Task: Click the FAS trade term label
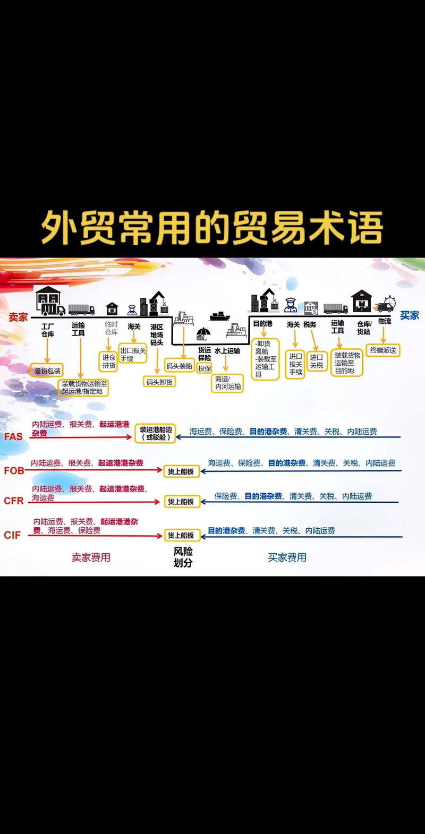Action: (13, 437)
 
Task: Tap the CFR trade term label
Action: (14, 501)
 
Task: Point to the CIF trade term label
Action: (12, 535)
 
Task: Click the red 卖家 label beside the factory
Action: (18, 317)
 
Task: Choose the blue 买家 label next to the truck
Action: (410, 315)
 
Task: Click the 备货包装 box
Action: (48, 371)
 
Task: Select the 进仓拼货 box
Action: (109, 362)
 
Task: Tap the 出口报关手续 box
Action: (133, 354)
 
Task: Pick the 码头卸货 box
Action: (159, 382)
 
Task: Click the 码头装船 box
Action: (180, 366)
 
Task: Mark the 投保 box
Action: (205, 368)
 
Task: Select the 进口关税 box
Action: (317, 361)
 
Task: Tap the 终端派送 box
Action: (383, 350)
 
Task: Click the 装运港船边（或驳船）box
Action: (155, 433)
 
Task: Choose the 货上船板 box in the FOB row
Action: (181, 471)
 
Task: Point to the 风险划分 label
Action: (183, 557)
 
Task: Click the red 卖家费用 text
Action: (91, 557)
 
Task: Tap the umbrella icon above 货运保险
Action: (203, 333)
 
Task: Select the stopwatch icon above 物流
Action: (390, 301)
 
